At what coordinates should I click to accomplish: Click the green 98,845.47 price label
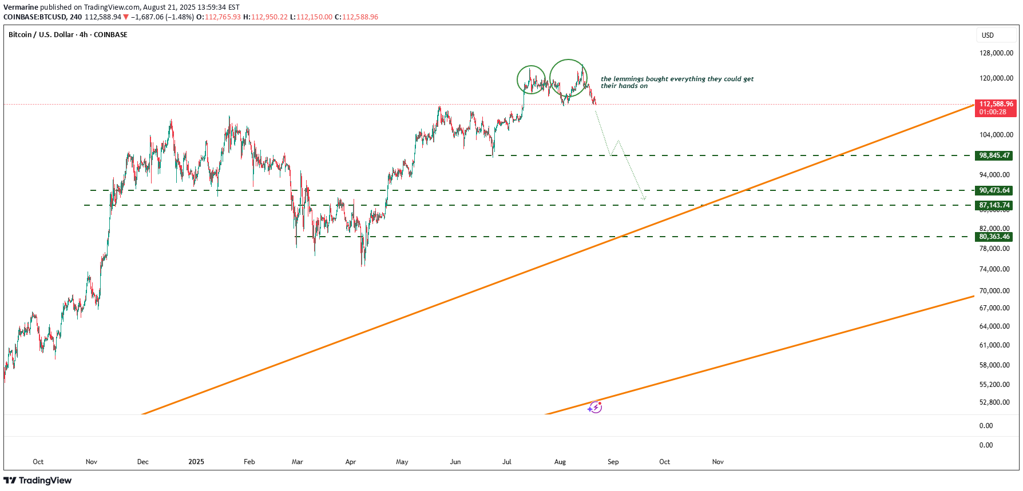click(x=994, y=155)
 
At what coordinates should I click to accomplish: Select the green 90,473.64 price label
click(x=994, y=190)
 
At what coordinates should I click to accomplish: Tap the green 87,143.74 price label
click(x=994, y=205)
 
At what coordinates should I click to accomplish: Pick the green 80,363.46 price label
click(x=994, y=237)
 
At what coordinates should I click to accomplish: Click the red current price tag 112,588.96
click(x=996, y=104)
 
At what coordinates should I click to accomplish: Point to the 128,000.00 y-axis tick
click(x=996, y=53)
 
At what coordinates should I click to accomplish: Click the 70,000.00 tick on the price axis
click(x=994, y=291)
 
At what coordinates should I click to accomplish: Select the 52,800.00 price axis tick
click(x=994, y=402)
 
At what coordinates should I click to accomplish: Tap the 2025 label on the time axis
click(x=196, y=462)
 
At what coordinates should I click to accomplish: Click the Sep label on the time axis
click(x=613, y=462)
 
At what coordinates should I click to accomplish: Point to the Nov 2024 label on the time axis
click(x=92, y=462)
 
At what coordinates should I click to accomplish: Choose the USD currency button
click(x=988, y=35)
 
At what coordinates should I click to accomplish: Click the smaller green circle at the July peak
click(x=531, y=80)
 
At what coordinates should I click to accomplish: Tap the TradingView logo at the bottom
click(x=38, y=480)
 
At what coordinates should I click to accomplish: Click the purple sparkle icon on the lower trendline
click(x=595, y=407)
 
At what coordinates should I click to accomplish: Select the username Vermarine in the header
click(x=21, y=7)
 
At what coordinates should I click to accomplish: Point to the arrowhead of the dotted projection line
click(x=645, y=199)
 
